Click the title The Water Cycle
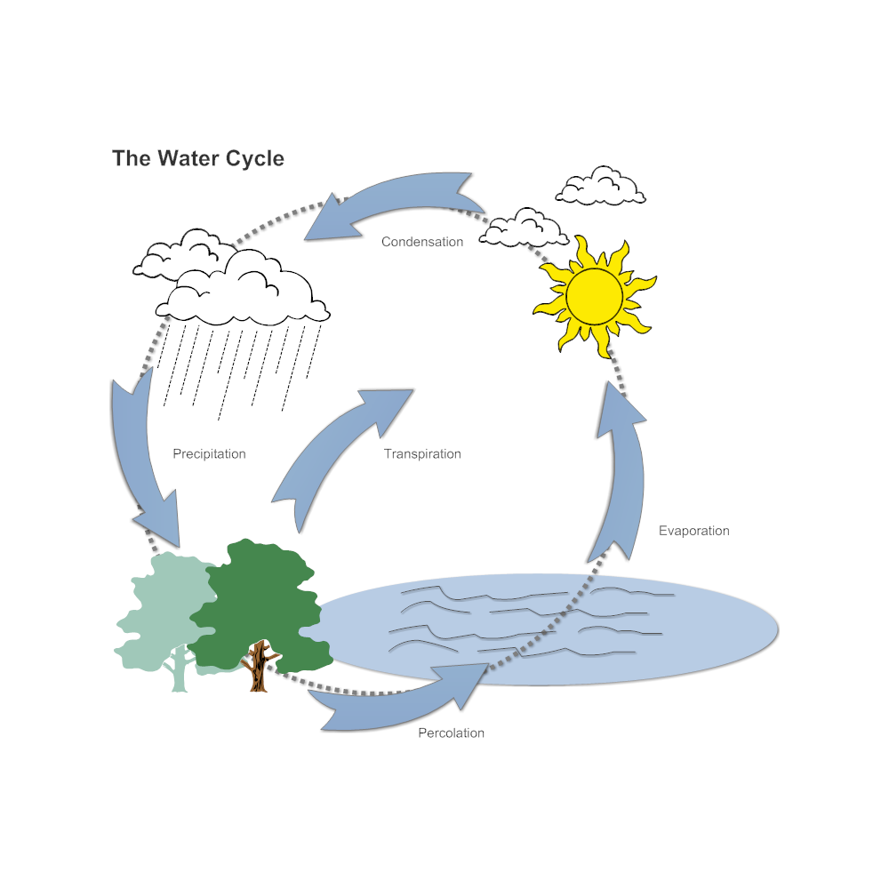pyautogui.click(x=197, y=158)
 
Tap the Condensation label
pyautogui.click(x=422, y=242)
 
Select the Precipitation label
pyautogui.click(x=209, y=453)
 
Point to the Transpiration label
pyautogui.click(x=422, y=453)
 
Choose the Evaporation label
pyautogui.click(x=693, y=531)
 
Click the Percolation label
pyautogui.click(x=451, y=733)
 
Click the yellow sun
pyautogui.click(x=594, y=296)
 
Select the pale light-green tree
pyautogui.click(x=160, y=613)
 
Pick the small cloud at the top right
pyautogui.click(x=600, y=187)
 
